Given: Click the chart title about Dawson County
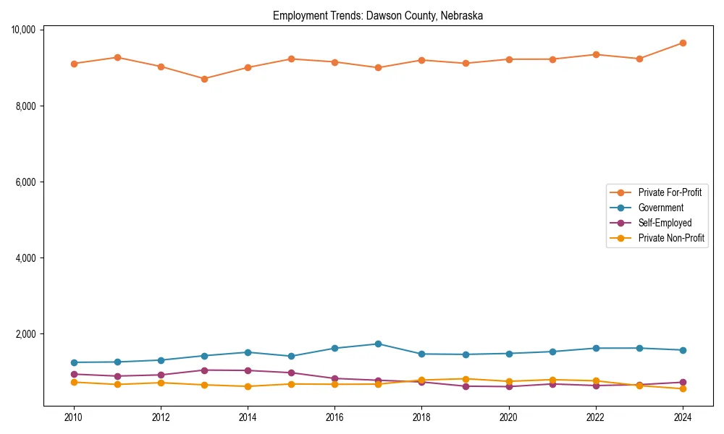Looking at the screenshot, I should tap(377, 15).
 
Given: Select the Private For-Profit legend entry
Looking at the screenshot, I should tap(665, 192).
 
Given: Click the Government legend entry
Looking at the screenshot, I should tap(660, 208).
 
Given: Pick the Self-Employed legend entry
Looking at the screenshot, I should tap(665, 223).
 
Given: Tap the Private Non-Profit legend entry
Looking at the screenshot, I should tap(671, 238).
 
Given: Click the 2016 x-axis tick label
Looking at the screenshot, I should tap(334, 417).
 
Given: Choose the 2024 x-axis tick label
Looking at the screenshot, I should tap(682, 417).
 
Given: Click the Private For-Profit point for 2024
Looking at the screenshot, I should tap(682, 43).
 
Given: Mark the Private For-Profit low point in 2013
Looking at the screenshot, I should tap(204, 79).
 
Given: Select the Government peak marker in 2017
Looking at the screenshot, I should tap(378, 344).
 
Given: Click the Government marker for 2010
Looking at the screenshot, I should tap(74, 362).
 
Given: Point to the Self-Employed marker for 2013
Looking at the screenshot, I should tap(204, 370).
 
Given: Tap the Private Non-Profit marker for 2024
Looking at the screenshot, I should tap(682, 389).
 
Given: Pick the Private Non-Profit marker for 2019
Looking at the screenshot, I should tap(465, 379).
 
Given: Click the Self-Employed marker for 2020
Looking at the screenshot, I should tap(508, 386).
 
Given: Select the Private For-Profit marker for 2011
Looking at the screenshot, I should tap(117, 57).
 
